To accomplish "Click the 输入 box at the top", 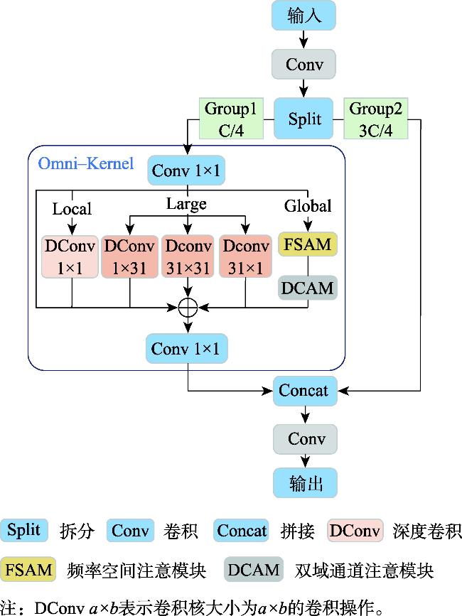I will pyautogui.click(x=304, y=16).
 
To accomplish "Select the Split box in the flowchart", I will pyautogui.click(x=304, y=119).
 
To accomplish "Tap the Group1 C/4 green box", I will pyautogui.click(x=230, y=119).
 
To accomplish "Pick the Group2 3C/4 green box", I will pyautogui.click(x=376, y=119).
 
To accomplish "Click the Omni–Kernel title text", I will pyautogui.click(x=85, y=164).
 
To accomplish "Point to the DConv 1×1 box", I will pyautogui.click(x=70, y=256).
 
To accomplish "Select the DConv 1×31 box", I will pyautogui.click(x=129, y=256).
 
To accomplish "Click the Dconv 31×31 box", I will pyautogui.click(x=188, y=256).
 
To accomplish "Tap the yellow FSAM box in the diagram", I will pyautogui.click(x=308, y=245).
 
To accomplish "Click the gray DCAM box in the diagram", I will pyautogui.click(x=308, y=288).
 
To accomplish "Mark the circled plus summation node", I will pyautogui.click(x=188, y=307).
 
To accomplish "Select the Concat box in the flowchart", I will pyautogui.click(x=304, y=390).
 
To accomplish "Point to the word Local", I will pyautogui.click(x=72, y=209).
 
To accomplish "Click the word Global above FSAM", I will pyautogui.click(x=308, y=206).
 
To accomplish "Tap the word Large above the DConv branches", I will pyautogui.click(x=186, y=205).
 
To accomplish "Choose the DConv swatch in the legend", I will pyautogui.click(x=353, y=530).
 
